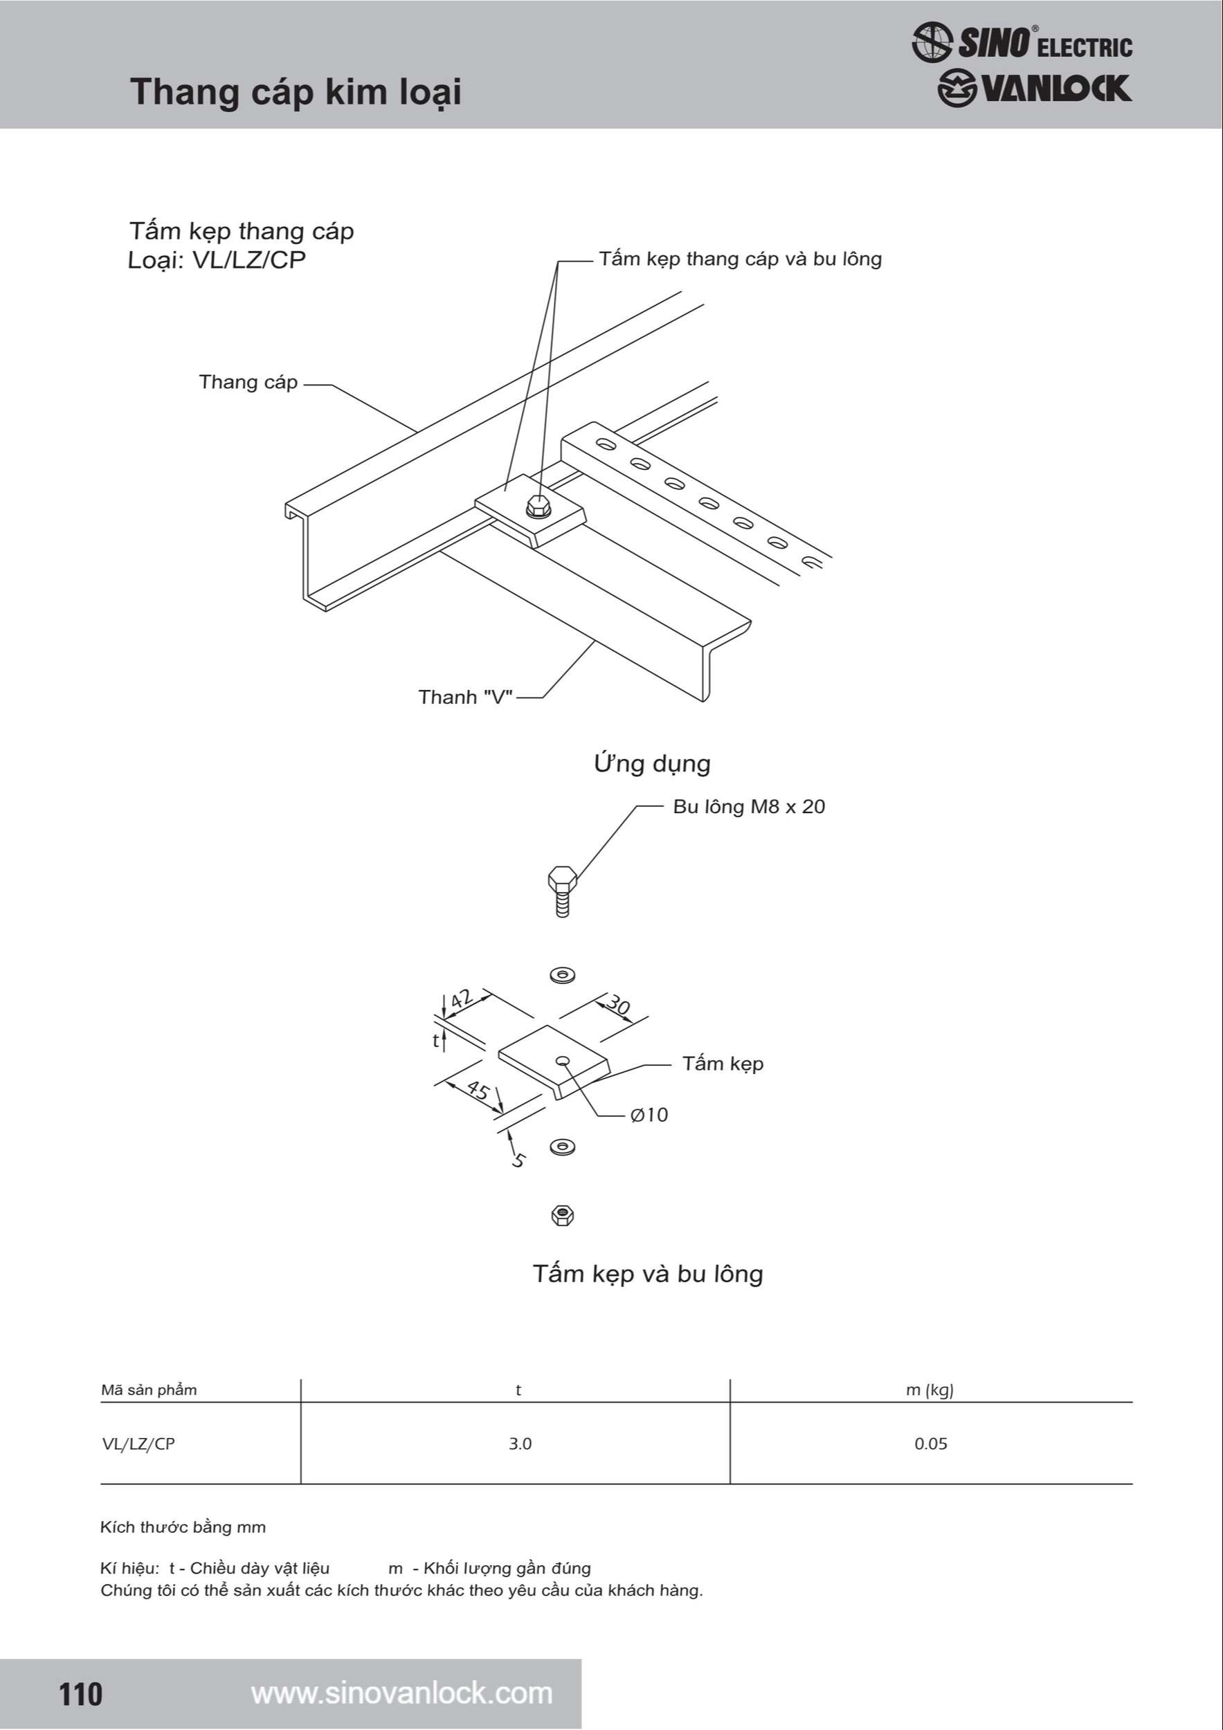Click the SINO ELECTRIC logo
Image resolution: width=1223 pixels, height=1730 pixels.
1022,42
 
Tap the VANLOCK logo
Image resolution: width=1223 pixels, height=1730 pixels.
1034,89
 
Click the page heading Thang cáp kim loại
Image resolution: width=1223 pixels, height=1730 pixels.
296,92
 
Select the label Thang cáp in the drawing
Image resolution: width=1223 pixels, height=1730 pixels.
248,382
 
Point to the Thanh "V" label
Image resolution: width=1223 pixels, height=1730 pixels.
465,697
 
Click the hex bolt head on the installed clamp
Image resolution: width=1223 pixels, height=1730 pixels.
537,507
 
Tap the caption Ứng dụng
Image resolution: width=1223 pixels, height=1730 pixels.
652,763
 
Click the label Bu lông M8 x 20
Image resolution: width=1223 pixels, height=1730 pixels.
748,806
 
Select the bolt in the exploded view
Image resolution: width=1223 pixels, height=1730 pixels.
562,891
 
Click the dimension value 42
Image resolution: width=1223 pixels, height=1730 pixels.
461,999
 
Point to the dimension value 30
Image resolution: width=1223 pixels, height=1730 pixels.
618,1005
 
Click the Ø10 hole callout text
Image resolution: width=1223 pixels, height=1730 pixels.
649,1114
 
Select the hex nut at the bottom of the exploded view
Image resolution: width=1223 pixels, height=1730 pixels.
562,1215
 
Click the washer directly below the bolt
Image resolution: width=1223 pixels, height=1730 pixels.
562,975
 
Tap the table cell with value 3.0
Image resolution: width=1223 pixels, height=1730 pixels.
519,1444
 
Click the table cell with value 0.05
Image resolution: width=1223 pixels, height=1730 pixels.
931,1444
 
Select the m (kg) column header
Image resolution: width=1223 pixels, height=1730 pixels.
929,1390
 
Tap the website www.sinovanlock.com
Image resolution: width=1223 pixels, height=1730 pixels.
401,1693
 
